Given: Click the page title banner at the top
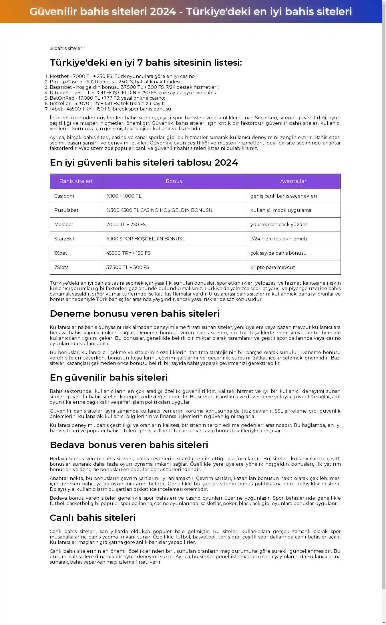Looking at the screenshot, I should pyautogui.click(x=191, y=11).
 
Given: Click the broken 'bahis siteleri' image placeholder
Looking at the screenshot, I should pyautogui.click(x=67, y=49).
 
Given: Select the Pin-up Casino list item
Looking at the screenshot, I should pyautogui.click(x=115, y=82).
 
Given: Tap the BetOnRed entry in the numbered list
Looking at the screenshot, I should pyautogui.click(x=107, y=98).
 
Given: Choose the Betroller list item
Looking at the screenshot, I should pyautogui.click(x=107, y=103).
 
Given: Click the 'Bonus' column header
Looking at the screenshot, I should pyautogui.click(x=174, y=181).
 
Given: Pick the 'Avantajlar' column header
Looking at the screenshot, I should pyautogui.click(x=293, y=181).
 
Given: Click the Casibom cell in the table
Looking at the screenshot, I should pyautogui.click(x=64, y=196).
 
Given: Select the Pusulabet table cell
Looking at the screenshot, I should pyautogui.click(x=66, y=210).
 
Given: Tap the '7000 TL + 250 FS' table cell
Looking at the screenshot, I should pyautogui.click(x=126, y=224).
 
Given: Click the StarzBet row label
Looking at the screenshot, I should pyautogui.click(x=64, y=239).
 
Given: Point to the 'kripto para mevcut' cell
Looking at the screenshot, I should pyautogui.click(x=272, y=267).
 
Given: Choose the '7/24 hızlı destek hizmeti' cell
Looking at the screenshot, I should pyautogui.click(x=279, y=239).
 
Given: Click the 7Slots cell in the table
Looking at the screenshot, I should pyautogui.click(x=61, y=267).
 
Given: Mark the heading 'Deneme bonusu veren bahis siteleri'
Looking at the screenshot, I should pyautogui.click(x=135, y=313).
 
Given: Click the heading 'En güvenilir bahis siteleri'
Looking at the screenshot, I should pyautogui.click(x=109, y=377).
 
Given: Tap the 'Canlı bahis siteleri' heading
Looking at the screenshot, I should pyautogui.click(x=93, y=518).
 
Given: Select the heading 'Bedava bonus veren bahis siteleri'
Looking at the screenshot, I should pyautogui.click(x=129, y=445).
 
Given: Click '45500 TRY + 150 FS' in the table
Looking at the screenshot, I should pyautogui.click(x=128, y=253).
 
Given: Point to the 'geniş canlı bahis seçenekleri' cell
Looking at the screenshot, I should pyautogui.click(x=284, y=196).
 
